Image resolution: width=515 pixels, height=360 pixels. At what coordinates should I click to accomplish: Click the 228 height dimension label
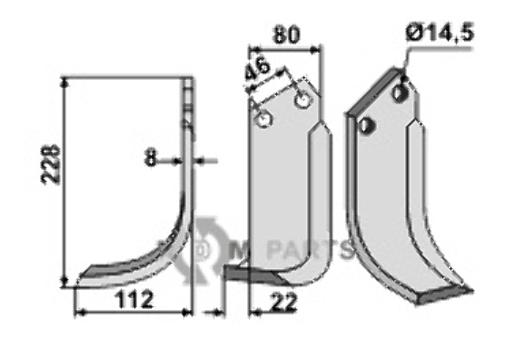coord(51,165)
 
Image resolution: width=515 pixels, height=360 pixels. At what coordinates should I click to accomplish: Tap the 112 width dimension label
coord(134,299)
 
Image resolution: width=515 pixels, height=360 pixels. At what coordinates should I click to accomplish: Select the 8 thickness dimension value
coord(151,159)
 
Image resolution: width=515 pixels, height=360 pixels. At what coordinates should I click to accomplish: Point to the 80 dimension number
coord(286,35)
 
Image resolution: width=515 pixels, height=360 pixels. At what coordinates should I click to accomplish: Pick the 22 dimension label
coord(282,302)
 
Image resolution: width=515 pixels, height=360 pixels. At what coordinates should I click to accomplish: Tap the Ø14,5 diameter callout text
coord(440,34)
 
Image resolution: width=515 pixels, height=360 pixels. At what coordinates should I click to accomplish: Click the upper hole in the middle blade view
coord(302,99)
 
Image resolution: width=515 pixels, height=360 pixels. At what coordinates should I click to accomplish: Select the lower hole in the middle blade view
coord(263,119)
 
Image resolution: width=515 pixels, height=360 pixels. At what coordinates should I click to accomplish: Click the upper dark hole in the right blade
coord(400,94)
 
